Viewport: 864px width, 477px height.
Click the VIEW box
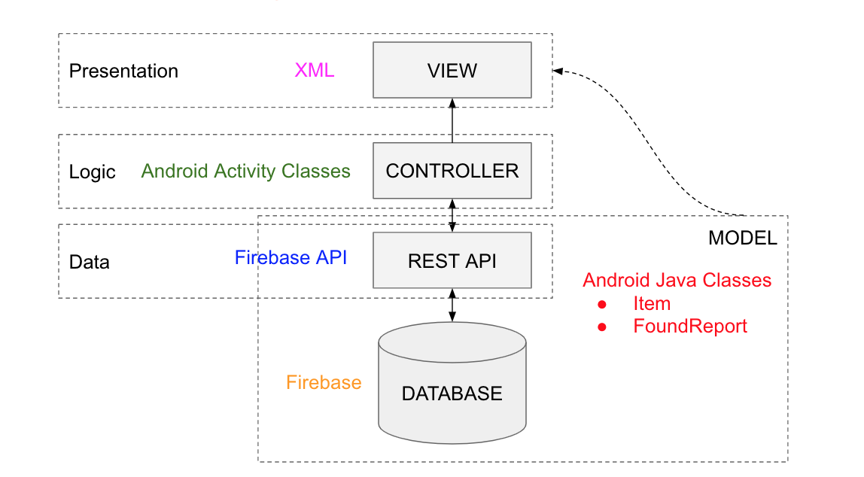point(452,71)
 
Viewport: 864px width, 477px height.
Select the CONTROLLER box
point(452,171)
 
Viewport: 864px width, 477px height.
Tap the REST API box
point(452,261)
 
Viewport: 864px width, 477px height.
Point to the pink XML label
point(314,71)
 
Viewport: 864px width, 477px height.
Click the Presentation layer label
point(123,71)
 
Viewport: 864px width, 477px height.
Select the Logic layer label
point(92,172)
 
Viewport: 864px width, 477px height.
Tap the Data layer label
point(89,262)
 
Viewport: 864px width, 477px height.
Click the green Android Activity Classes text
point(246,172)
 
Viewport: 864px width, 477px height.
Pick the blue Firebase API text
point(291,257)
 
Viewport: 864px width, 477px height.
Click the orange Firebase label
point(324,382)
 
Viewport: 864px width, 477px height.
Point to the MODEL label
point(742,238)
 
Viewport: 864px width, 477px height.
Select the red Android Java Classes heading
point(677,281)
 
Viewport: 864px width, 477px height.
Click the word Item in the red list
point(652,304)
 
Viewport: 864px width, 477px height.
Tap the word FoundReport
point(690,326)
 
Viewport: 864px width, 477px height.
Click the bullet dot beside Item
point(602,305)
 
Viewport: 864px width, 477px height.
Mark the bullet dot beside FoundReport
point(602,327)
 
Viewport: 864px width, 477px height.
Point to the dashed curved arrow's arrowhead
point(558,71)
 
